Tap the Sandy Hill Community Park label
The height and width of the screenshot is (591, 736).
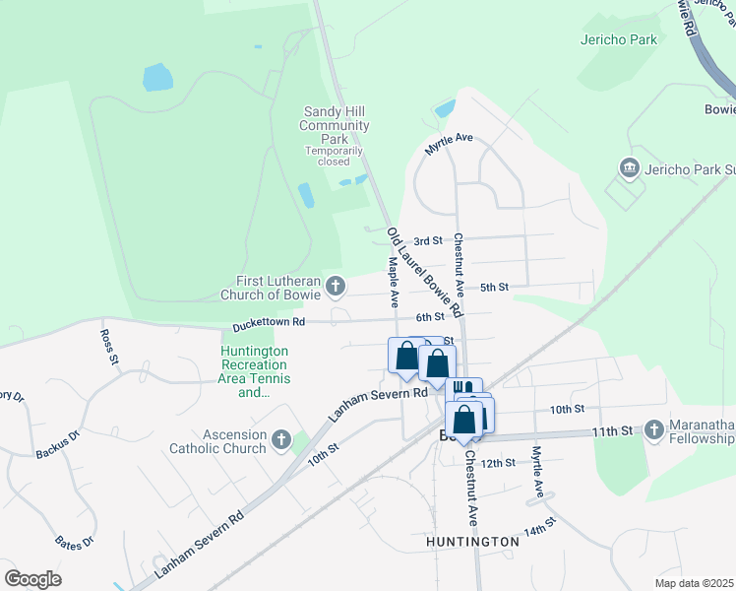click(x=335, y=125)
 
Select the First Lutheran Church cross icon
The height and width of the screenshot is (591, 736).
click(x=336, y=287)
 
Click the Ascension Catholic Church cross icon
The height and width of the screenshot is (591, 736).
click(x=280, y=439)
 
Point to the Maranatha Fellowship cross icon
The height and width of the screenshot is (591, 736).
click(x=655, y=429)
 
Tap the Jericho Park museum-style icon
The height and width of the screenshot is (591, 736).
click(x=628, y=168)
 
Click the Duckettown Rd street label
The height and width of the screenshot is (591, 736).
click(x=269, y=322)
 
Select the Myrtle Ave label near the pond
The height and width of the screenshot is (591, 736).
click(x=449, y=144)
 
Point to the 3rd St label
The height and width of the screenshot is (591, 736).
click(x=428, y=240)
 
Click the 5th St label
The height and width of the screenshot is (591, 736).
click(x=493, y=287)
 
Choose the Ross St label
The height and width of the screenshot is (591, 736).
click(x=108, y=347)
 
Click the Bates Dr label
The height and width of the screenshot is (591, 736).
click(x=75, y=540)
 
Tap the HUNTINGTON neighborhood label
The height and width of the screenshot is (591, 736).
click(x=472, y=542)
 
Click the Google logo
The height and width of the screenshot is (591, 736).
click(x=32, y=579)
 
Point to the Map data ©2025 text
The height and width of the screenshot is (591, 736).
click(x=694, y=583)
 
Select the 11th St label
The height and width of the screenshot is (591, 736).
click(x=611, y=430)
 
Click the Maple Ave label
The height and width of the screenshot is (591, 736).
click(x=393, y=280)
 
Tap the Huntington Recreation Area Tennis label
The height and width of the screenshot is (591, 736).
click(x=255, y=371)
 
